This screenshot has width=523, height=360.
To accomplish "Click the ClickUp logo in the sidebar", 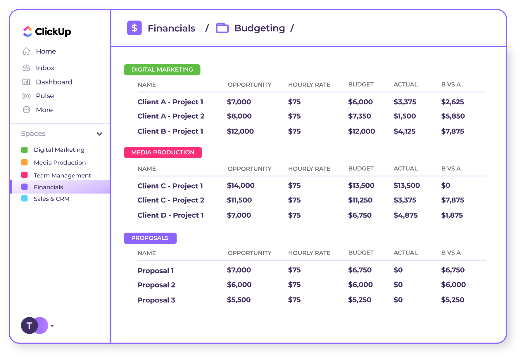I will point(47,31).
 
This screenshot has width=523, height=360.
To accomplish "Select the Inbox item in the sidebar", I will point(45,68).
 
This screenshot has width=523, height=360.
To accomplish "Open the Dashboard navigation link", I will point(54,82).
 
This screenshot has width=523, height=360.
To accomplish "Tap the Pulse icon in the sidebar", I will point(26,96).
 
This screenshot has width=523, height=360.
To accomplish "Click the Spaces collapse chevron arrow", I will point(99,134).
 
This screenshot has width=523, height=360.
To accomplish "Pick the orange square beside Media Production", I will point(25,162).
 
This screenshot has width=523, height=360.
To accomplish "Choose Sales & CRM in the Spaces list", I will point(51,199).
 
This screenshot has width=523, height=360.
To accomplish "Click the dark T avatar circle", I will point(29,326).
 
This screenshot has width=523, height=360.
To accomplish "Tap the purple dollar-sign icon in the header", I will point(134,28).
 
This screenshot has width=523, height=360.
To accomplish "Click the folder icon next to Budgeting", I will point(222,28).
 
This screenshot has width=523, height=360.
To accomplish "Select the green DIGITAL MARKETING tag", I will point(162,70).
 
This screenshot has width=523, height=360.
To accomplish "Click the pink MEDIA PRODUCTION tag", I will point(163,153).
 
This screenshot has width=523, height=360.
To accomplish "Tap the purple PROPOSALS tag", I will point(150,238).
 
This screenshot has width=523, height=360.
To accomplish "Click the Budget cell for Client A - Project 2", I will point(359,116).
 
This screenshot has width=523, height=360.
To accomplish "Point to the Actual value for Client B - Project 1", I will point(404,131).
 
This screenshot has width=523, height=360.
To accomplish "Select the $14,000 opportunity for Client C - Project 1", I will point(241,186).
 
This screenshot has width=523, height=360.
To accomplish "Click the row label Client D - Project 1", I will point(170,215).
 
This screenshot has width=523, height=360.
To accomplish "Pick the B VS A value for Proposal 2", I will point(453,285).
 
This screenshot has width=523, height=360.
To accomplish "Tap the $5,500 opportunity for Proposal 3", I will point(239,300).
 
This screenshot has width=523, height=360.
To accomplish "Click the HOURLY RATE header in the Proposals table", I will point(309,253).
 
